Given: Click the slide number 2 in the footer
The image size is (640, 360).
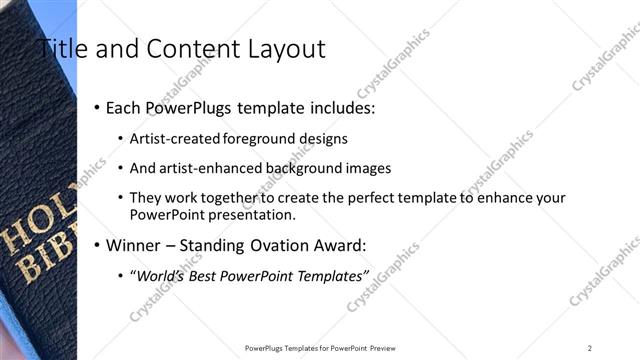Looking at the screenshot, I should pos(590,347).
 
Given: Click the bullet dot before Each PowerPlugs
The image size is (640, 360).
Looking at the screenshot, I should pos(97,107).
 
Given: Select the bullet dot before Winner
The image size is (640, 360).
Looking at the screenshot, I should pos(97,245).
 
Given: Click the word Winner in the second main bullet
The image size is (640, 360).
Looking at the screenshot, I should pos(135,245).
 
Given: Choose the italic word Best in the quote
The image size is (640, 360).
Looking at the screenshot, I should pos(212,274).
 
